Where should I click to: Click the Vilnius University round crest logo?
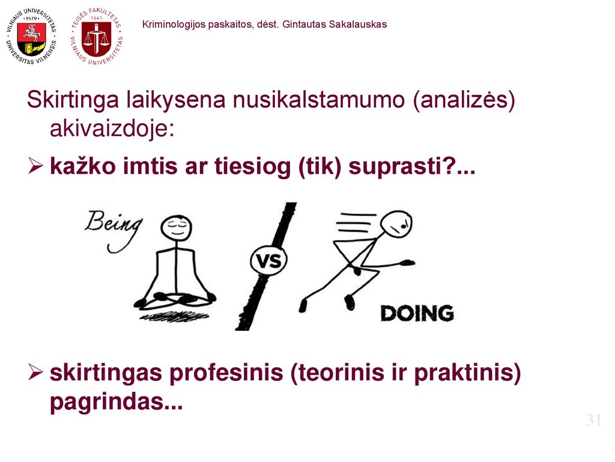click(x=31, y=37)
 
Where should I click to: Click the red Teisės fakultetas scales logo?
click(x=97, y=37)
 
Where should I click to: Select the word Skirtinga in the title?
click(x=73, y=100)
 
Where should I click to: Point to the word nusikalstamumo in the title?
click(x=318, y=100)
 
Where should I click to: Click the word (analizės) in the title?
click(x=464, y=100)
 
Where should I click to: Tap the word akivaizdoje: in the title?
click(x=112, y=129)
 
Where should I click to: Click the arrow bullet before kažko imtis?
click(x=35, y=166)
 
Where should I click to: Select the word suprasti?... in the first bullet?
click(x=412, y=167)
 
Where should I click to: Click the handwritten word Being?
click(x=114, y=230)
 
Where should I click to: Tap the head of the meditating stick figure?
click(x=176, y=227)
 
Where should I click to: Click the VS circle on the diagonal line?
click(x=268, y=260)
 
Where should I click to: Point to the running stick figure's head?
click(x=397, y=224)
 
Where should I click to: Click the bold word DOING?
click(x=417, y=313)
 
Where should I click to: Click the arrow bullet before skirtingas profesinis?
click(x=35, y=372)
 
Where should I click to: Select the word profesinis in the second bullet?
click(x=226, y=372)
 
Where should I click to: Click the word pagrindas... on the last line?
click(x=117, y=401)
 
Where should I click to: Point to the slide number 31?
click(x=594, y=420)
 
